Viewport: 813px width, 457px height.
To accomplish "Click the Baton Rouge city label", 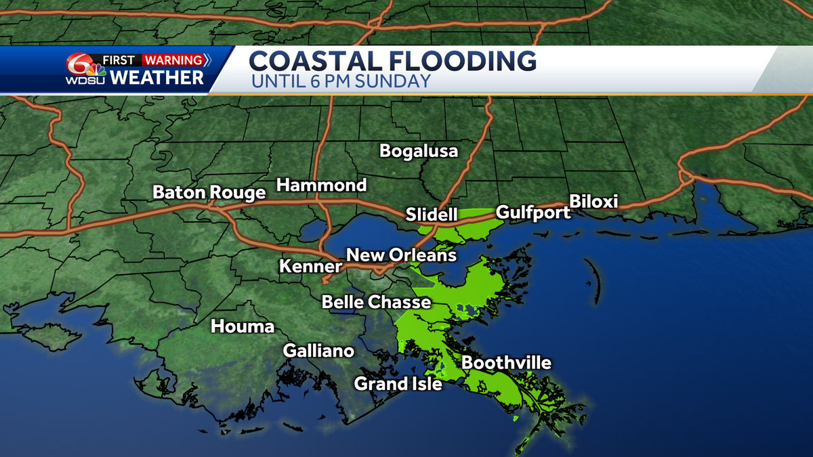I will click(209, 192).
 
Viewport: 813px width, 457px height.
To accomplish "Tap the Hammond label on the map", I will click(321, 185).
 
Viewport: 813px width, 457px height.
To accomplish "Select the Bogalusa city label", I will click(419, 150).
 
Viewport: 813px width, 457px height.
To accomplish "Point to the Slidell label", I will click(432, 215).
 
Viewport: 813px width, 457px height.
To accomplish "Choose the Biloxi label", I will click(593, 202).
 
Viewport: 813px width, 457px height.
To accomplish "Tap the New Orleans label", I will click(401, 255).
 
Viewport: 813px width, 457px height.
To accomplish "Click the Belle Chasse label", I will click(376, 301).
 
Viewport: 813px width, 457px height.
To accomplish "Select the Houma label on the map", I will click(243, 326).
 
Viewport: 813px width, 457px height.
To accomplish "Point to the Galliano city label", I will click(318, 351).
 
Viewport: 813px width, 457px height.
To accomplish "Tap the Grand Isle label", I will click(398, 384).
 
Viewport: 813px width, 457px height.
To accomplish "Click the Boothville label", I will click(506, 363).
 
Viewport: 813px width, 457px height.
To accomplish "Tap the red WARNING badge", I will click(173, 60).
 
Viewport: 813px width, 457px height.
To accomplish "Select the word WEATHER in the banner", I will click(157, 78).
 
